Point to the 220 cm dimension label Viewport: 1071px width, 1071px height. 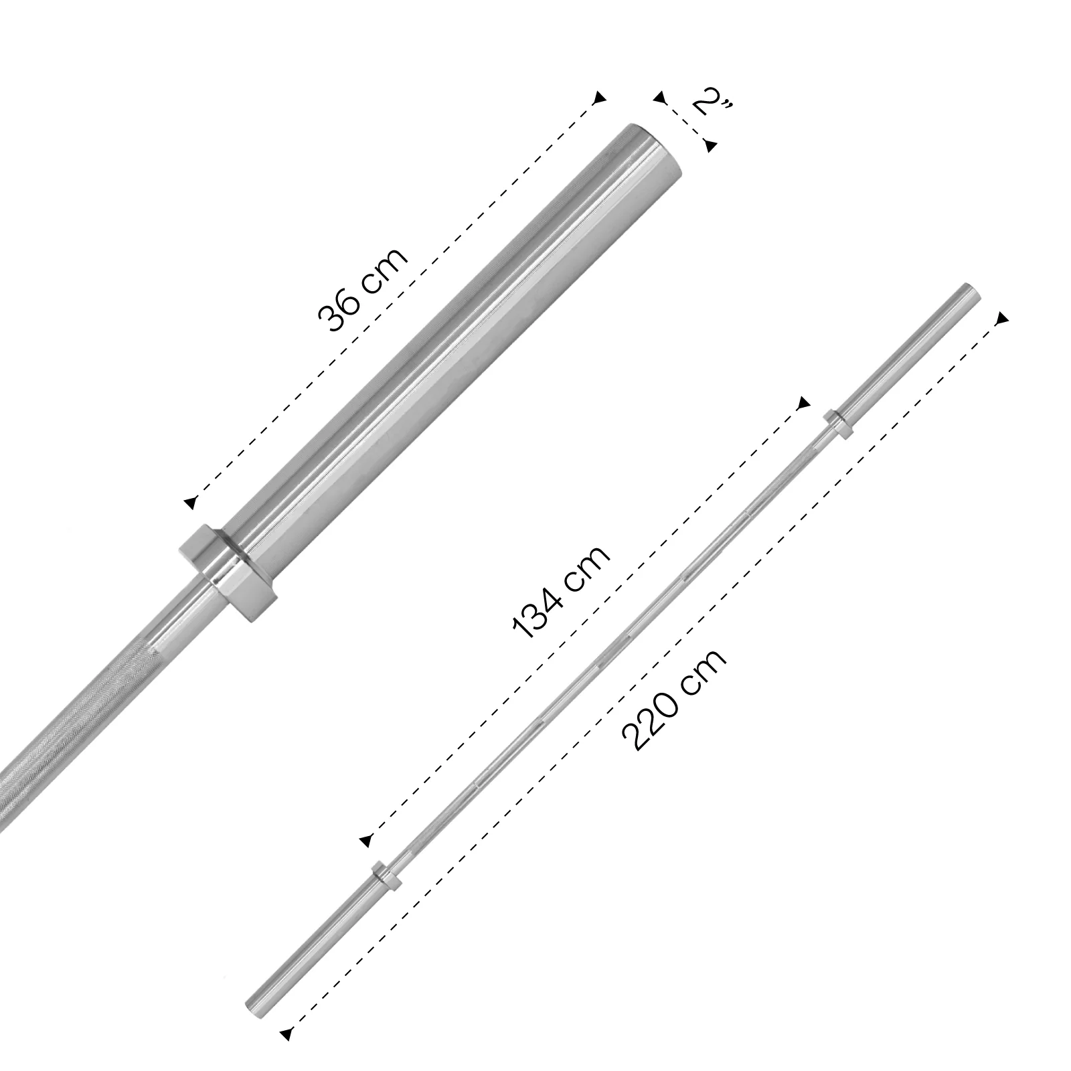coord(673,699)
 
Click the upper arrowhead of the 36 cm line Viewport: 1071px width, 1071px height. coord(600,97)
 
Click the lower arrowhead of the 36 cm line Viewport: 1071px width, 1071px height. coord(191,503)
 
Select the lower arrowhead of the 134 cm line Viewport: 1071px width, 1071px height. coord(365,840)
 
